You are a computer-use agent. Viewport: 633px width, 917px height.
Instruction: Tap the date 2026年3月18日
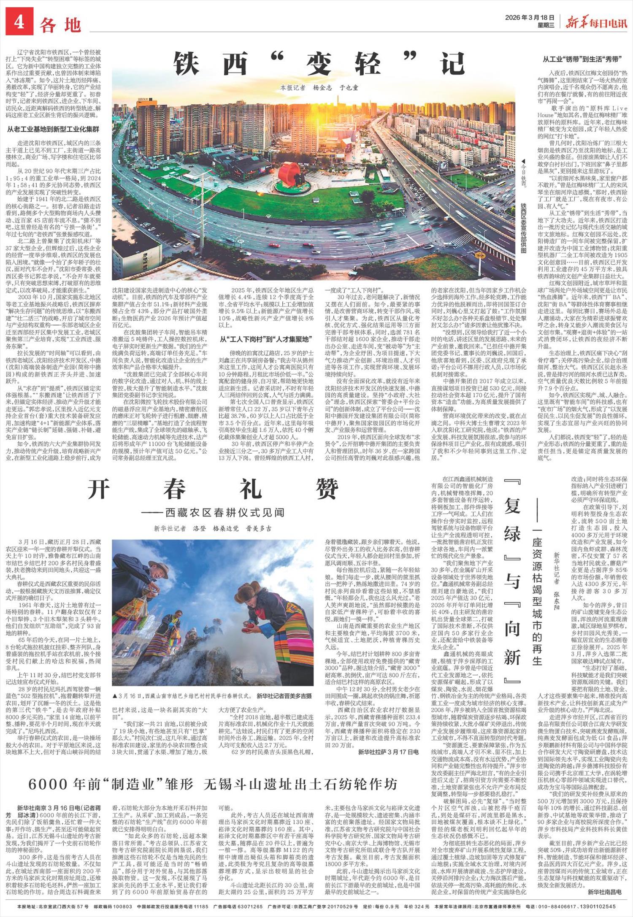(530, 17)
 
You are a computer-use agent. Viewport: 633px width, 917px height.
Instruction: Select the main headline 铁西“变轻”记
(314, 64)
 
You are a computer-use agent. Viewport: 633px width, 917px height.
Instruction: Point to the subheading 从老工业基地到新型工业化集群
(53, 130)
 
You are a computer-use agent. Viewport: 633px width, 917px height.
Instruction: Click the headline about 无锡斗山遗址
(213, 784)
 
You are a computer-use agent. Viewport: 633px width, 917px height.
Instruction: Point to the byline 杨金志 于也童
(335, 87)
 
